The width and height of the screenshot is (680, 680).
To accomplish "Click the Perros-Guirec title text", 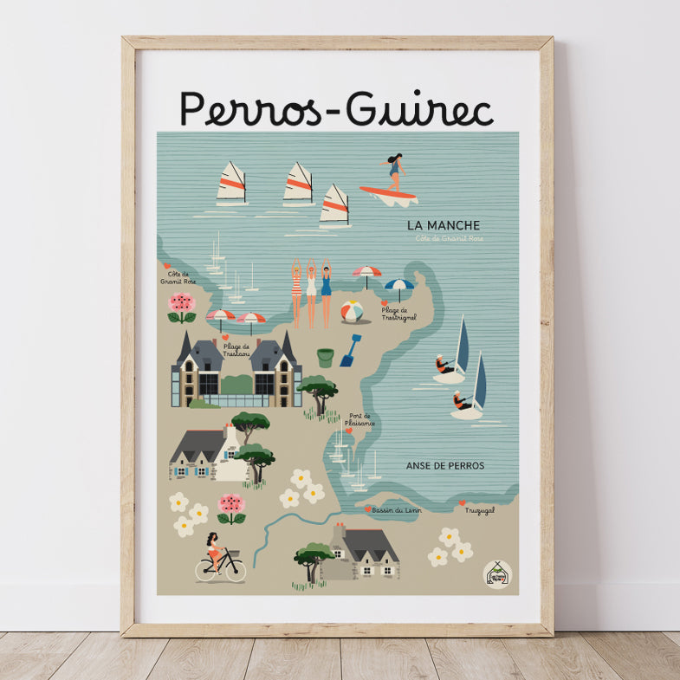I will [336, 108].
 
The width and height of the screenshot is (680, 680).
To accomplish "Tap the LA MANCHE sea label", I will [444, 225].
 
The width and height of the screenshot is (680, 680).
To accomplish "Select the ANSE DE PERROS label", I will [445, 465].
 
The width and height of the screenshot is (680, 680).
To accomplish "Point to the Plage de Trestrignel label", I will [398, 314].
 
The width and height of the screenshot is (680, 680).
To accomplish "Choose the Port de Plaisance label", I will [361, 420].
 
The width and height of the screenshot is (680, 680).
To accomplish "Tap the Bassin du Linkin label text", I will [401, 510].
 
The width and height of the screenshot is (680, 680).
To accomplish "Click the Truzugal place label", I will [480, 510].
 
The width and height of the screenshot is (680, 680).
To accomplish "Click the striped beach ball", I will [352, 310].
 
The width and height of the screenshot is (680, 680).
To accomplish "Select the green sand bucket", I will [325, 357].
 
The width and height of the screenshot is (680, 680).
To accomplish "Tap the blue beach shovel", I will [350, 351].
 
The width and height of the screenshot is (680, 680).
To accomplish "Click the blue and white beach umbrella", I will [398, 287].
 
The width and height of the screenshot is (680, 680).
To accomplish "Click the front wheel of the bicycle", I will [235, 570].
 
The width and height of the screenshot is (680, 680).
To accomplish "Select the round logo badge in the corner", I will [497, 573].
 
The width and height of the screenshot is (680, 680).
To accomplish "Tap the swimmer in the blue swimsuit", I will [326, 290].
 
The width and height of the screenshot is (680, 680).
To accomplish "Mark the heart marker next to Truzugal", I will [462, 502].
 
